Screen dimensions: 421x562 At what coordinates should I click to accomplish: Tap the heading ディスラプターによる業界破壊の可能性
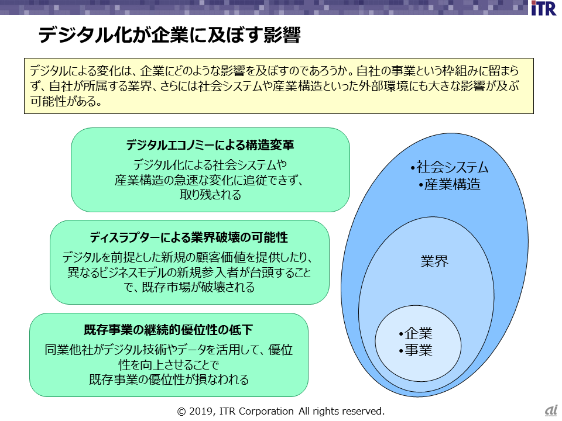[189, 237]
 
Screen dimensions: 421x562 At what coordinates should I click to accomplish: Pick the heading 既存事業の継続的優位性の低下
[168, 330]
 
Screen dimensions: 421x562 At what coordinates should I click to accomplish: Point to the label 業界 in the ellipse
[434, 261]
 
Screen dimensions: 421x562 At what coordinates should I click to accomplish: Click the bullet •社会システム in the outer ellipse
[450, 168]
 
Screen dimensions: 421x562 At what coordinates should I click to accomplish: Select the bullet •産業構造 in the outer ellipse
[450, 185]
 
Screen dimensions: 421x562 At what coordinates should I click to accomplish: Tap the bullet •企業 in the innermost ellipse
[416, 334]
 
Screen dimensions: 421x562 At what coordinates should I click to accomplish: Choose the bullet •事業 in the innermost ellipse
[416, 351]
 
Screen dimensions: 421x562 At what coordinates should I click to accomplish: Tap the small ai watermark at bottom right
[551, 411]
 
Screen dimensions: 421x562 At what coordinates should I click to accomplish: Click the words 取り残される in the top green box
[210, 195]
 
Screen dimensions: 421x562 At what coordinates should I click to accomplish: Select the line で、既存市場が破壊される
[189, 288]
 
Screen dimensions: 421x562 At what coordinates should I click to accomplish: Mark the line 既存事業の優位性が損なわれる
[169, 379]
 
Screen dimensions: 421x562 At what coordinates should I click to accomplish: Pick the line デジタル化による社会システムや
[210, 165]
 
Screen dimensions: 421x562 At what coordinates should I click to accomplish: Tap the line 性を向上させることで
[169, 365]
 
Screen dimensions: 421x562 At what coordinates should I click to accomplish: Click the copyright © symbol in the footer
[181, 411]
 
